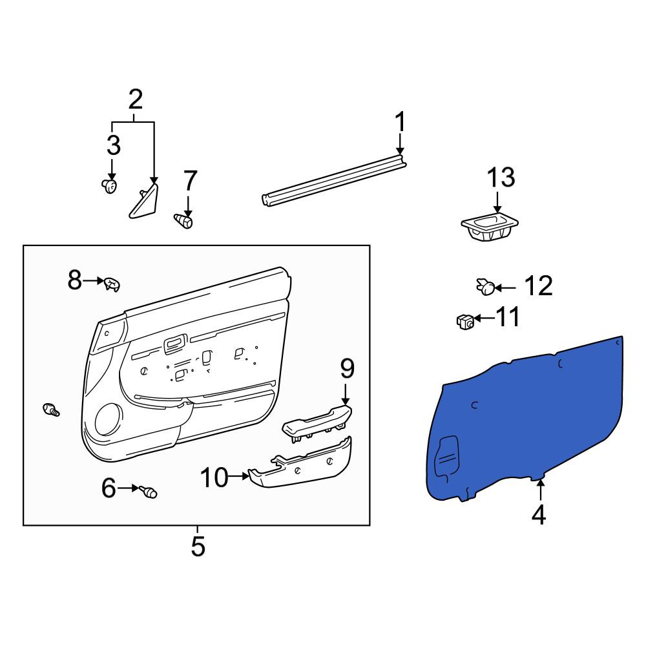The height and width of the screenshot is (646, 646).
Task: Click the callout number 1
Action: click(x=400, y=122)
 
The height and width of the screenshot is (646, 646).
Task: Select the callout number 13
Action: click(x=501, y=178)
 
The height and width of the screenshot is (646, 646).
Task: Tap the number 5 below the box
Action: click(x=198, y=547)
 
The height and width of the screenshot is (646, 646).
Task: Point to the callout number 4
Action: click(x=539, y=515)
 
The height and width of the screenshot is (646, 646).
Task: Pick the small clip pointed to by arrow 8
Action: click(x=112, y=284)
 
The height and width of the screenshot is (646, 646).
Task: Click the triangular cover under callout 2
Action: click(x=144, y=201)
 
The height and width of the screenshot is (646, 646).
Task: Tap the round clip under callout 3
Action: click(x=109, y=187)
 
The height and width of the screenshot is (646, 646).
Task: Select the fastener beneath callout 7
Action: click(x=183, y=221)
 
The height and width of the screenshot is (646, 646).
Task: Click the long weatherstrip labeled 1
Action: click(x=334, y=180)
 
